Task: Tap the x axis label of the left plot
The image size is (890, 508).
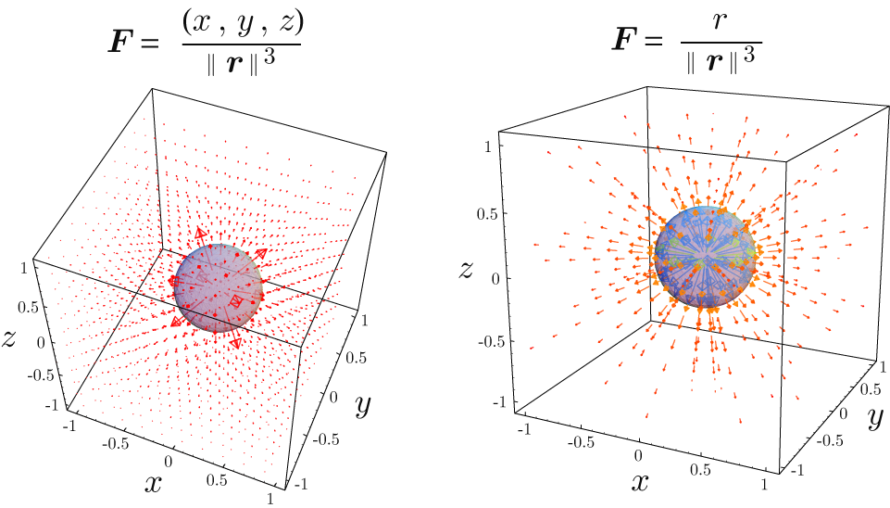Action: click(154, 482)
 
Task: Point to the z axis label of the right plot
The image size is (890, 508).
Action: click(468, 271)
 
